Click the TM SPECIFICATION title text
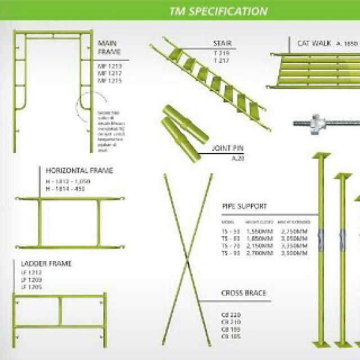point(218,11)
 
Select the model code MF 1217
point(110,74)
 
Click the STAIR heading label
point(222,43)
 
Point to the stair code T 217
point(221,60)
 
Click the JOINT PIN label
point(228,150)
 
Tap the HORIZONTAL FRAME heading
point(79,170)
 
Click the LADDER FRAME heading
point(46,263)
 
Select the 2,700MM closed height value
point(259,254)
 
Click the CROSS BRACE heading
point(244,293)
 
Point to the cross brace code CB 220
point(230,314)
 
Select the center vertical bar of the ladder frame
point(60,312)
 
